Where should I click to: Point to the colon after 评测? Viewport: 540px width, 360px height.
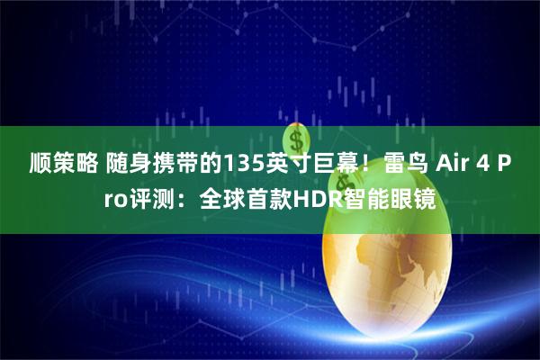(x=180, y=197)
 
